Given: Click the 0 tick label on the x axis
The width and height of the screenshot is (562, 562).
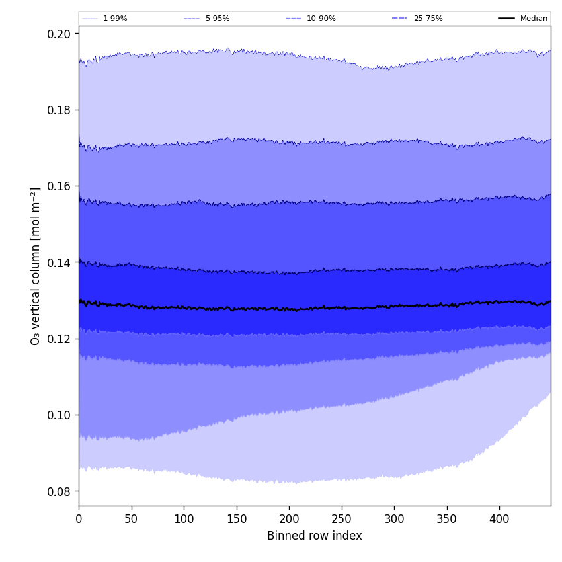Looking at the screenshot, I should pos(79,519).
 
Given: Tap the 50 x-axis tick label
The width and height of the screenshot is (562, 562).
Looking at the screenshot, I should pos(131,519).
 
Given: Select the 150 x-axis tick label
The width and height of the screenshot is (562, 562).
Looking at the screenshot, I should pos(236,519).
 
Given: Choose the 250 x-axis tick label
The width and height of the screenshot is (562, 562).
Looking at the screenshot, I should pos(341,519).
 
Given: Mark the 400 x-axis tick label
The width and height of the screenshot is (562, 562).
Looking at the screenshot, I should pos(499,519).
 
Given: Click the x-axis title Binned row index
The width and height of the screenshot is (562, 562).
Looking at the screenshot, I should pos(315,536).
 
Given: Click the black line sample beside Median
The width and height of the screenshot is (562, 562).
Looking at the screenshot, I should pos(506,19).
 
